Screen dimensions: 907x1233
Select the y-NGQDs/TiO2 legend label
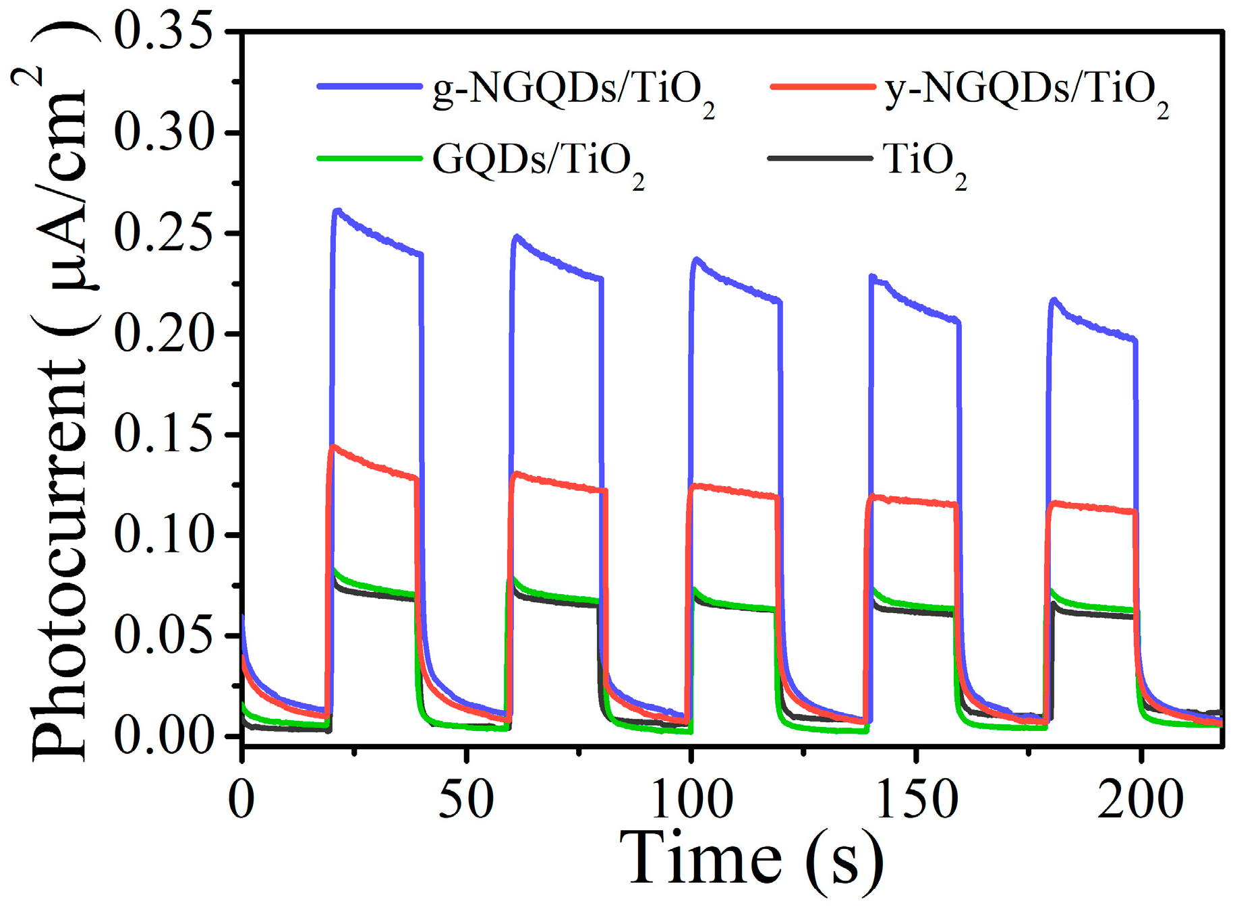1025,91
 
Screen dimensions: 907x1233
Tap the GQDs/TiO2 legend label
538,162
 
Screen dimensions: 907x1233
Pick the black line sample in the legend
820,158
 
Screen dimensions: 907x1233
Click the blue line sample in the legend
368,86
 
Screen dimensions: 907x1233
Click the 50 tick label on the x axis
466,800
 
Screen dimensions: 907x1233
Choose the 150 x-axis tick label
915,800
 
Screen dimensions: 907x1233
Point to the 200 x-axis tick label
1140,800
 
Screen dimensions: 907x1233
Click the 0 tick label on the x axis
241,800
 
